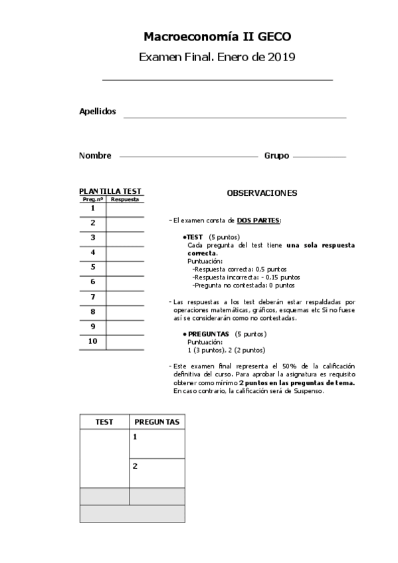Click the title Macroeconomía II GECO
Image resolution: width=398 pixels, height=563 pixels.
[217, 37]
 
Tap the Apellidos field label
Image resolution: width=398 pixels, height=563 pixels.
[98, 112]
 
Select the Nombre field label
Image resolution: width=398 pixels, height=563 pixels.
[95, 155]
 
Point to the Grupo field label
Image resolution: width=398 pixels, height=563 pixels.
[276, 155]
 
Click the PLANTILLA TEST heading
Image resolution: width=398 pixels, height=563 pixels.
[110, 191]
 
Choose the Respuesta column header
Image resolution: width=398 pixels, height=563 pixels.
[125, 199]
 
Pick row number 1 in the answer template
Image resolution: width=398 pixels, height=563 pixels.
[93, 208]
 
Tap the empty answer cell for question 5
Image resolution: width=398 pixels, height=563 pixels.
[125, 268]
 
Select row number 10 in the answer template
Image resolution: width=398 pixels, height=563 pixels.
[93, 341]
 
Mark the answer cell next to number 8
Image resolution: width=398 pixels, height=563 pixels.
[125, 312]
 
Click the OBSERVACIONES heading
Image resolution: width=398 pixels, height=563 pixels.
[262, 193]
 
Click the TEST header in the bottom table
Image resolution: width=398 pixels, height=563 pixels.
[104, 422]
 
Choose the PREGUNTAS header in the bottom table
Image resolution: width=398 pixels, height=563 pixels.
[157, 422]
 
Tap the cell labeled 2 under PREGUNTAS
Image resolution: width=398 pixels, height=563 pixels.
[157, 473]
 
